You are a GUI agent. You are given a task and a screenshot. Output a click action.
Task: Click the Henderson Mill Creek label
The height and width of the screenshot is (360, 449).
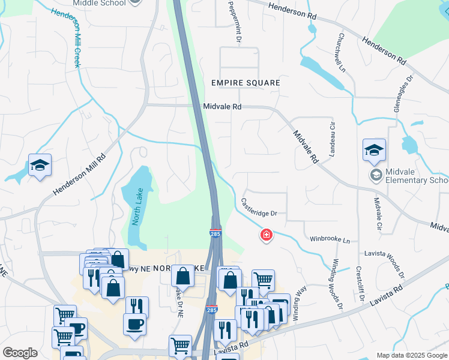(67, 38)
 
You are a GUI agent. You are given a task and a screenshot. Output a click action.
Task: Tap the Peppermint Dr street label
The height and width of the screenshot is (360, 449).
(234, 21)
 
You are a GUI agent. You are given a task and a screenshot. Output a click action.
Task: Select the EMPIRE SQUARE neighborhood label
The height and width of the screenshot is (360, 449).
(246, 82)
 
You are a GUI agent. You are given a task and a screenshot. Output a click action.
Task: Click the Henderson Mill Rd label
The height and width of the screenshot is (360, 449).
(79, 175)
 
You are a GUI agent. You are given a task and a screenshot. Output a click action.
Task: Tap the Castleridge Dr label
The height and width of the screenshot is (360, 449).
(259, 206)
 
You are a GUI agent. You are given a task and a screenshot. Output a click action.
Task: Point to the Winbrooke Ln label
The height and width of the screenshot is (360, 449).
(330, 239)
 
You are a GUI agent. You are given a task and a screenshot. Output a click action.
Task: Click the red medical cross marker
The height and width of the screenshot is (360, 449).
(267, 235)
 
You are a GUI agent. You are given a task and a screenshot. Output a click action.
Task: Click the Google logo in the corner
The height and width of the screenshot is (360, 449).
(20, 353)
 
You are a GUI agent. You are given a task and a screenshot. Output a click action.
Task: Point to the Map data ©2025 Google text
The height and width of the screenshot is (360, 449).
(412, 355)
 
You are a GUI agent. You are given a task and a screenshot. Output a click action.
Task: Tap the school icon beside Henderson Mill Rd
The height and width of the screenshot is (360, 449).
(40, 165)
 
